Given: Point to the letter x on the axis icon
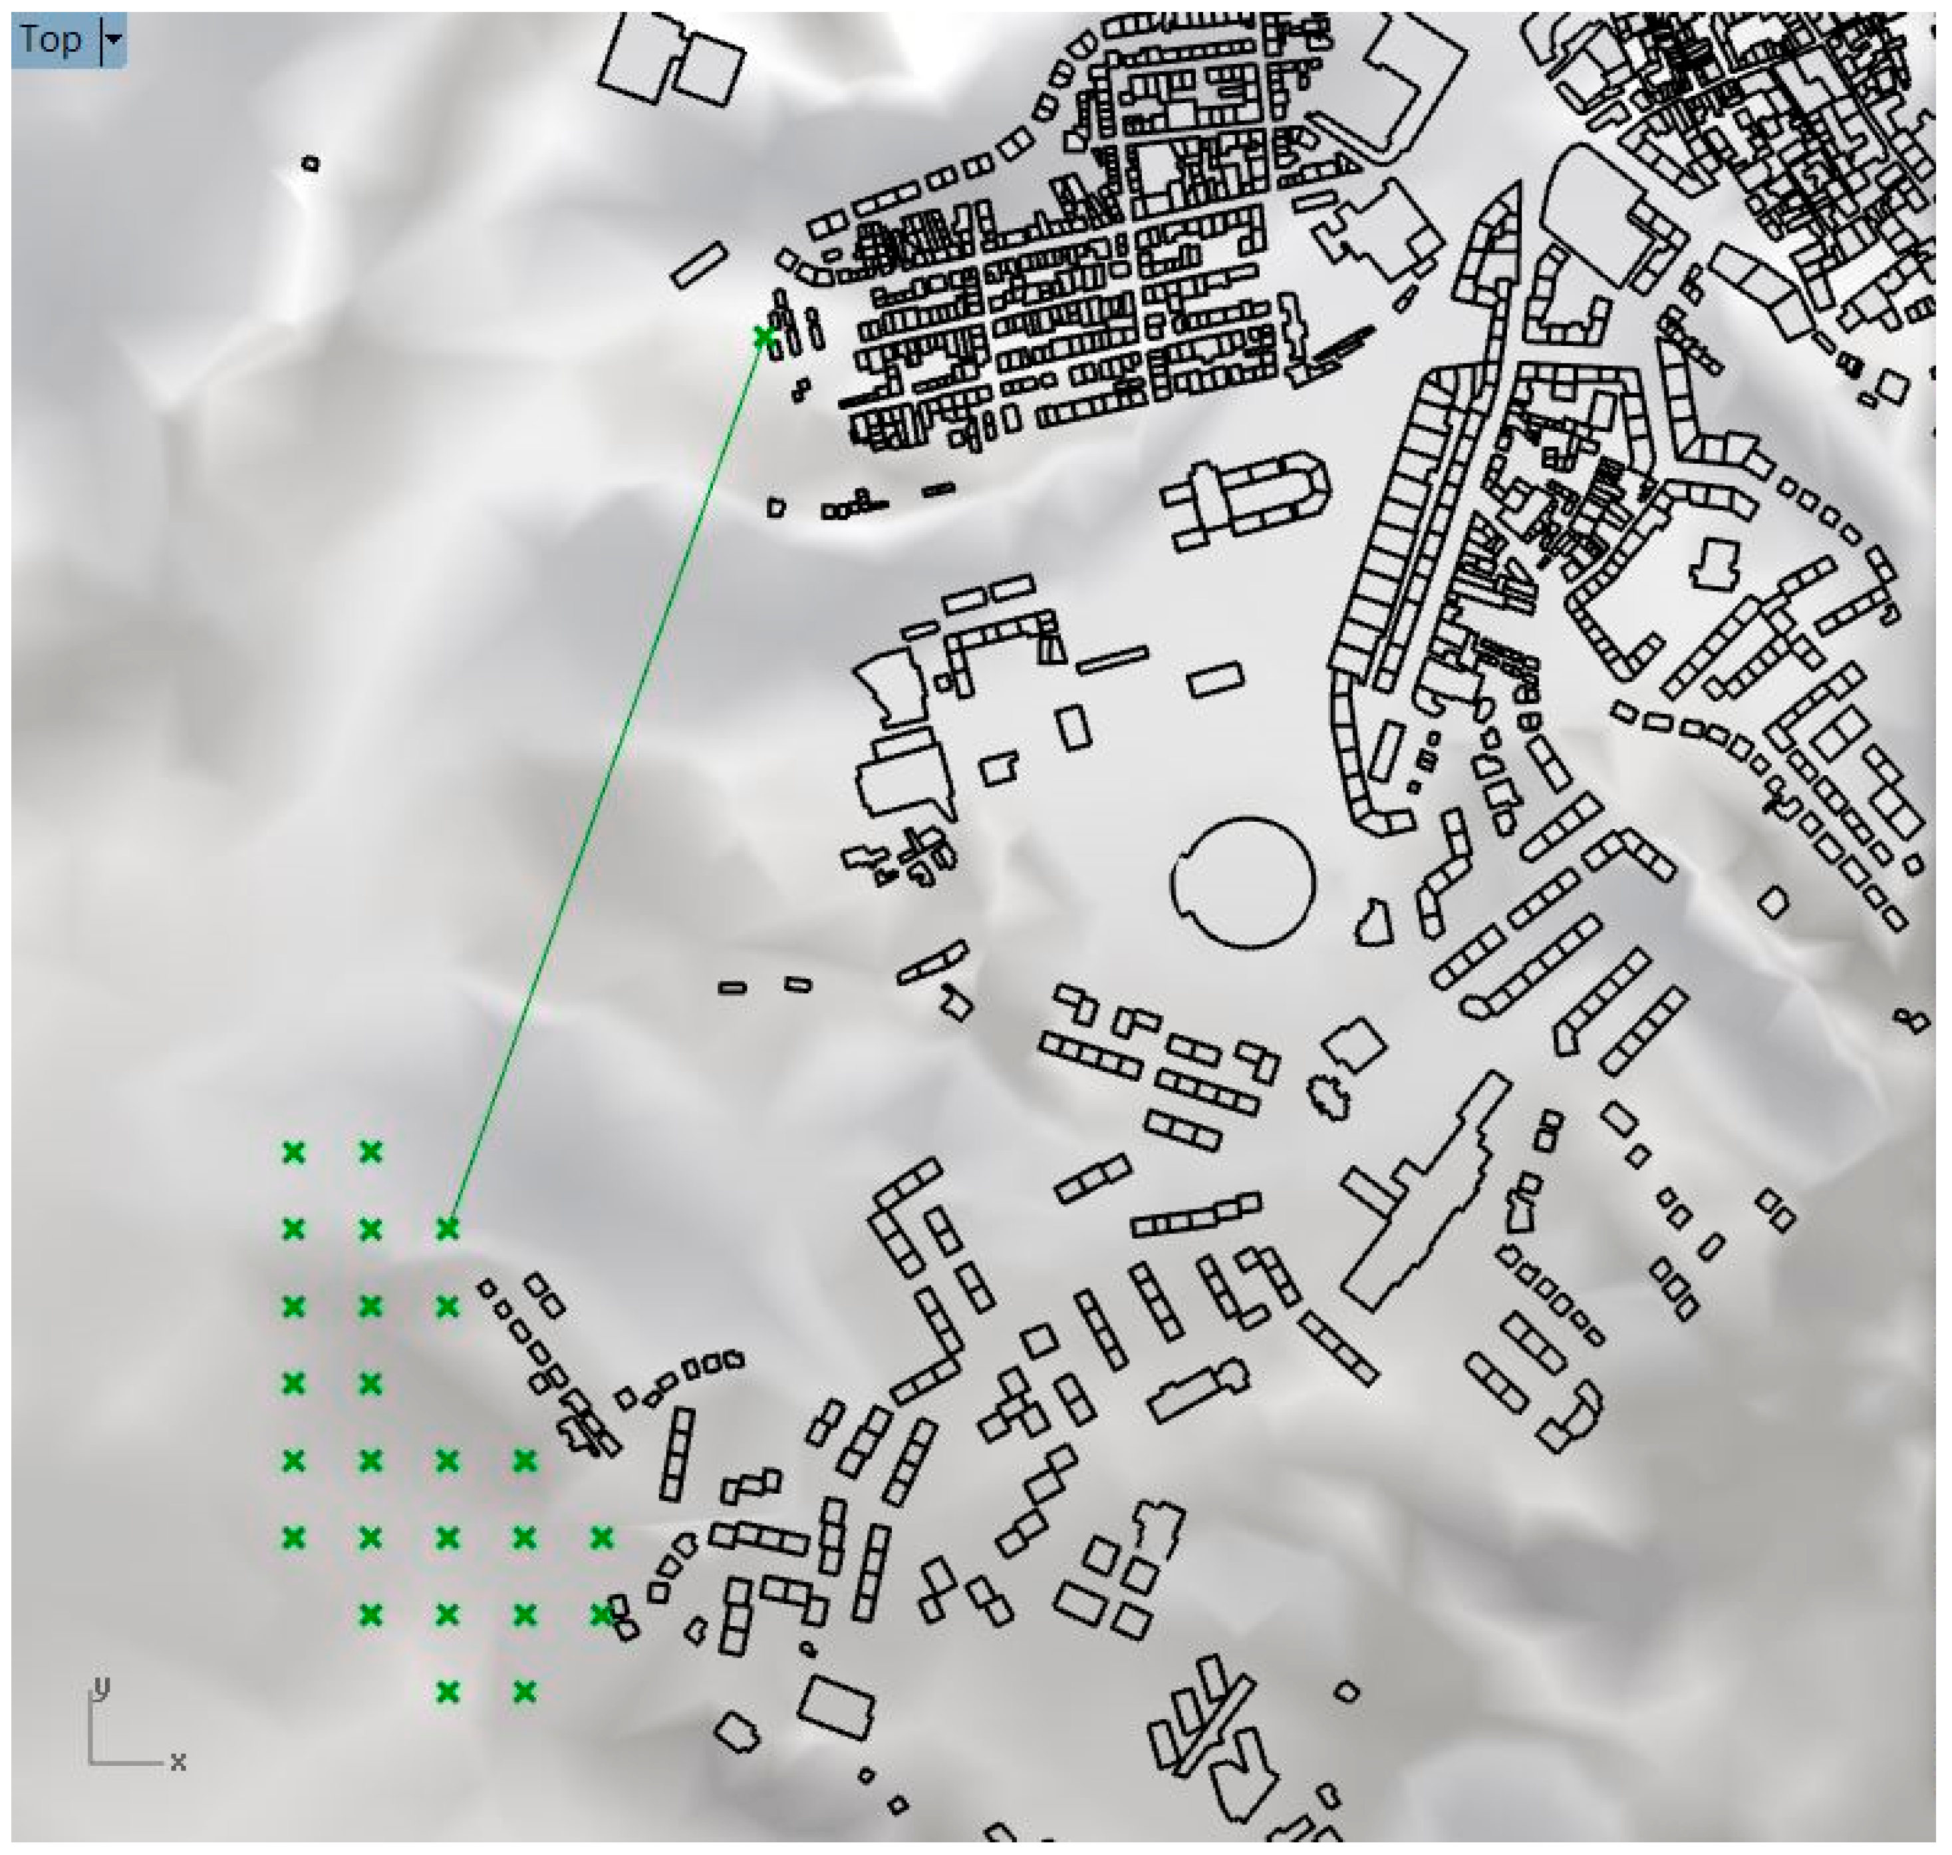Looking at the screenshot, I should [x=178, y=1761].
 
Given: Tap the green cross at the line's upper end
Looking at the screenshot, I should [x=763, y=337].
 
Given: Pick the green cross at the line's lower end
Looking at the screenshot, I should [x=448, y=1229].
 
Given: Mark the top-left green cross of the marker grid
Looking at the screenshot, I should [x=293, y=1152].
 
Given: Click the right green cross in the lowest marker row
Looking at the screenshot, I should [x=525, y=1693].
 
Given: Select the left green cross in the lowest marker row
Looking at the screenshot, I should [x=448, y=1693].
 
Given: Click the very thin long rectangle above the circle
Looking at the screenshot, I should [x=1113, y=659].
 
